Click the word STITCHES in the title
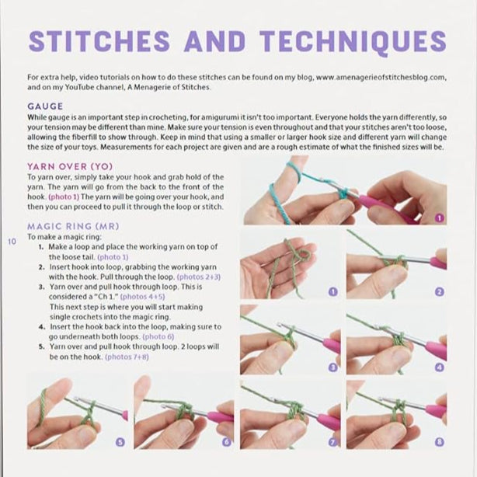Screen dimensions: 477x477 coord(99,41)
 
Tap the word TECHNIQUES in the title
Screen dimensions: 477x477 coord(353,42)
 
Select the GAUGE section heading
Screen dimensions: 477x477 coord(45,106)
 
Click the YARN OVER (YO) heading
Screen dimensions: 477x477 coord(70,167)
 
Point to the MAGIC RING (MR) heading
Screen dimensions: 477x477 coord(73,226)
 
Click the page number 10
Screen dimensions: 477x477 coord(12,242)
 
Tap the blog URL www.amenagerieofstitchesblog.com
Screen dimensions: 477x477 coord(380,77)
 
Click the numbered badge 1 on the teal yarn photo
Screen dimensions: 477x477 coord(439,218)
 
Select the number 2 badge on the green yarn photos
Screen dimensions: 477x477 coord(439,292)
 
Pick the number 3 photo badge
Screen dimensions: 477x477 coord(333,367)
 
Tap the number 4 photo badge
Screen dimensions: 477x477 coord(439,367)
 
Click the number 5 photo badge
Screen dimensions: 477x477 coord(120,442)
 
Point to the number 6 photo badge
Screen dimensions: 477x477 coord(227,442)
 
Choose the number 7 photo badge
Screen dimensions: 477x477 coord(333,442)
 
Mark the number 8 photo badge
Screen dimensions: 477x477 coord(439,442)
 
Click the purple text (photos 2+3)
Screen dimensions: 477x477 coord(199,277)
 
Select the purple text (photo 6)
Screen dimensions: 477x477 coord(158,336)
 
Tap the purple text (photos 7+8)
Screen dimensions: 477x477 coord(127,357)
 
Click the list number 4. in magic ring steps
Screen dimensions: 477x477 coord(42,327)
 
